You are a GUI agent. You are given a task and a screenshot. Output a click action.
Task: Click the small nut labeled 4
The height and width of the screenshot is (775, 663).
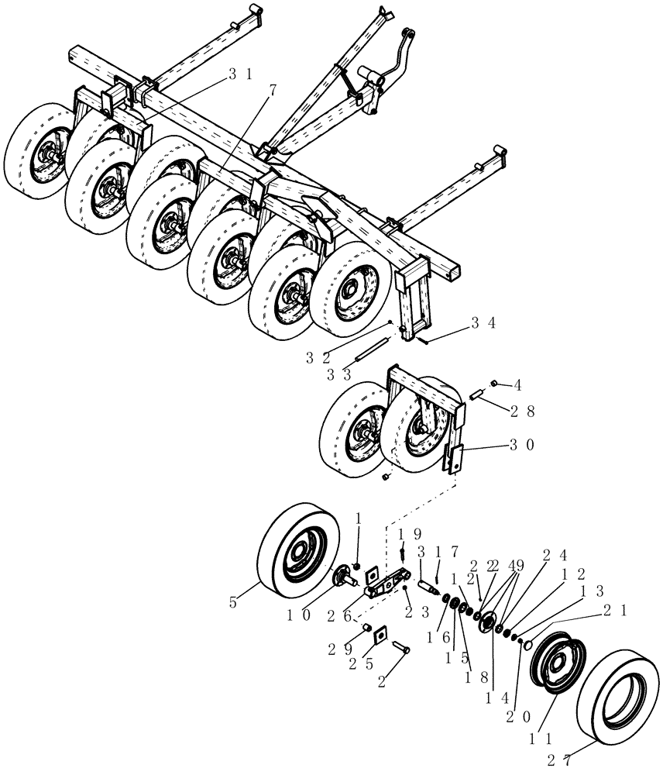(493, 384)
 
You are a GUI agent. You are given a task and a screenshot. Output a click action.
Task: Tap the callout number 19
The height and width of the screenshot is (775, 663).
(410, 535)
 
